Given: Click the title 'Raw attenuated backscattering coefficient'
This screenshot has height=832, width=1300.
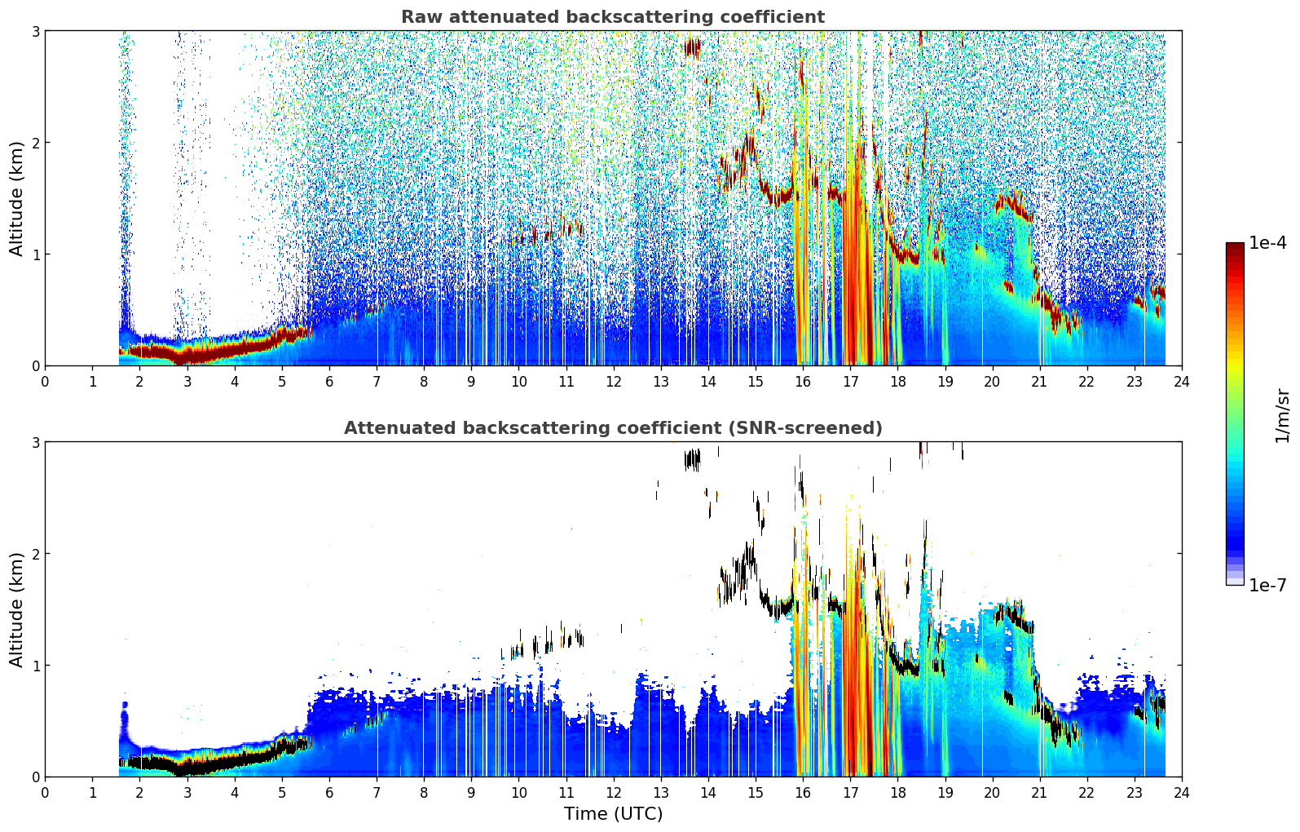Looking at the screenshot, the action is click(613, 17).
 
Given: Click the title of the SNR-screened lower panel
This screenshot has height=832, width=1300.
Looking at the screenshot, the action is click(613, 428).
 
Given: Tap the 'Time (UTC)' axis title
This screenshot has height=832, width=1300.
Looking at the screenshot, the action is click(613, 814).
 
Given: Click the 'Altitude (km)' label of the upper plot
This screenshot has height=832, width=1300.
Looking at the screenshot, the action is click(16, 199).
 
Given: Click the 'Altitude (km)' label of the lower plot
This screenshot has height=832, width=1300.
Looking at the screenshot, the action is click(16, 609).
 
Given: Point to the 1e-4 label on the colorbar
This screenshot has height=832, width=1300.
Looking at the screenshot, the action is click(1267, 243).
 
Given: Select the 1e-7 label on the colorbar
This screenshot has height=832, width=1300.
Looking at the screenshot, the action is click(1267, 586).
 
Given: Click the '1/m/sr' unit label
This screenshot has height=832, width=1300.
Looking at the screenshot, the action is click(1282, 416).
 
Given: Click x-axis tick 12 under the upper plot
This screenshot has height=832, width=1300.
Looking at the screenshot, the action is click(614, 382).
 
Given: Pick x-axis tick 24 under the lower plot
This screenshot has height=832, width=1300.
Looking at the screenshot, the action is click(1182, 793).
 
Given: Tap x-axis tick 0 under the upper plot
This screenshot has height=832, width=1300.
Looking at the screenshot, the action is click(46, 382).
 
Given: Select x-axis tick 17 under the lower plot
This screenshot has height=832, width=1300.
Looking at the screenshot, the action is click(850, 793).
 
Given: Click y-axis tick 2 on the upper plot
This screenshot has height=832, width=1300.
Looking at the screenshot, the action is click(35, 143).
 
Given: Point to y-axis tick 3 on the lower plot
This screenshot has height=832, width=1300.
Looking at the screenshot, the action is click(35, 442).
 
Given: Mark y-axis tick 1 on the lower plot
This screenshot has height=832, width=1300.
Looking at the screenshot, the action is click(35, 666).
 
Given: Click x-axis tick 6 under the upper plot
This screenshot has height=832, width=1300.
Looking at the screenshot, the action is click(329, 382).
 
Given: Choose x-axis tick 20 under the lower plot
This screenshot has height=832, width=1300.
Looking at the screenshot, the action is click(993, 793).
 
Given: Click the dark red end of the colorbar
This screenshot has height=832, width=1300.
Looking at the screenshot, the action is click(1235, 247).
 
